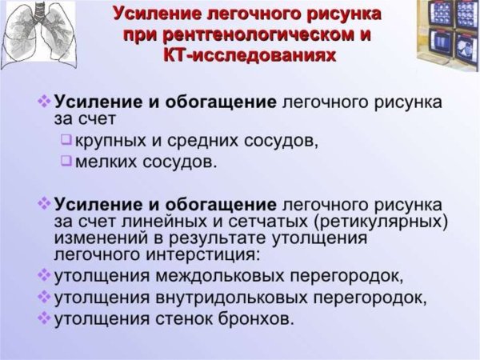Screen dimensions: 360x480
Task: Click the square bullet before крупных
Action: coord(66,141)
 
